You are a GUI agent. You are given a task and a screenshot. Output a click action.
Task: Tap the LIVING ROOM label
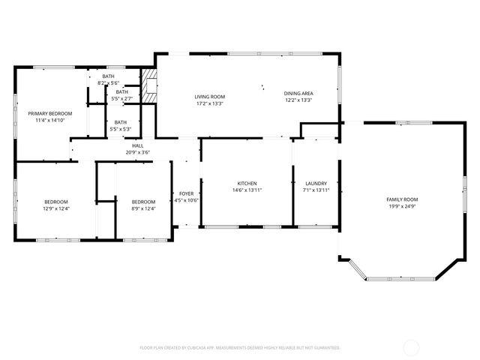[x=209, y=97]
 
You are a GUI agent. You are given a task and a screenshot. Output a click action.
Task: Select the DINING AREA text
[x=298, y=93]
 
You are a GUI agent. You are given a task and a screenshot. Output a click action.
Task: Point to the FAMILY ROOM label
[x=401, y=199]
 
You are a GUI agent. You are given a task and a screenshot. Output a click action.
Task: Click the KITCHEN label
[x=247, y=184]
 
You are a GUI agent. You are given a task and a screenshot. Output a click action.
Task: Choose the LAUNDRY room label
[x=316, y=184]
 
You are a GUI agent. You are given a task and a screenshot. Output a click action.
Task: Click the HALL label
[x=138, y=145]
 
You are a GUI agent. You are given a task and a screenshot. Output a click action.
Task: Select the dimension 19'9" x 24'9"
[x=401, y=206]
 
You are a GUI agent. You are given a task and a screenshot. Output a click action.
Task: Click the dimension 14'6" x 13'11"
[x=247, y=190]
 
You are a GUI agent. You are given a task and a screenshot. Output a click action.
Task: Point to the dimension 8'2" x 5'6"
[x=109, y=82]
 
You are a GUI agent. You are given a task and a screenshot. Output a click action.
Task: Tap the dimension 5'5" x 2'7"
[x=121, y=98]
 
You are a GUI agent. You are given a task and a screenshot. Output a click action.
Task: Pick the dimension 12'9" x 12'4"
[x=56, y=208]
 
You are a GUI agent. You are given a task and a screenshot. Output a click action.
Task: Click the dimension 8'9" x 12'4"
[x=143, y=208]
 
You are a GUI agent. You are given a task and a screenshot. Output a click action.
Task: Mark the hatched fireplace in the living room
[x=151, y=88]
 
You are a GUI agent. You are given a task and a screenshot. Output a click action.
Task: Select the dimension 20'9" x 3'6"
[x=138, y=152]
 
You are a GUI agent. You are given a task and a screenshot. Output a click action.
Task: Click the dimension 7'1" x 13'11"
[x=316, y=190]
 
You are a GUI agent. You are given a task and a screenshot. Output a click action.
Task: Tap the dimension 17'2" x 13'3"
[x=209, y=103]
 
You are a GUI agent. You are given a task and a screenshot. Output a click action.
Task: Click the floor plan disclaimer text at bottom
[x=240, y=348]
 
